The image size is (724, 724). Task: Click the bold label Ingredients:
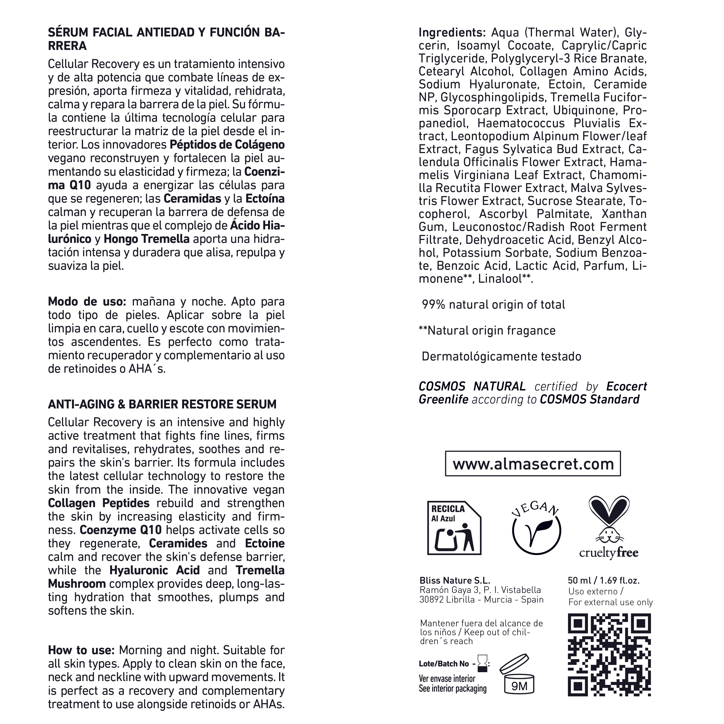pos(452,33)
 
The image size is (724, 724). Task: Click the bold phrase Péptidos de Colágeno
pos(227,145)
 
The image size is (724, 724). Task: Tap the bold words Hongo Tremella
pos(146,239)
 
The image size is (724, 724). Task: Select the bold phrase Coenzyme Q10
pos(121,530)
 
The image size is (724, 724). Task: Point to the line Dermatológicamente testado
pos(501,356)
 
